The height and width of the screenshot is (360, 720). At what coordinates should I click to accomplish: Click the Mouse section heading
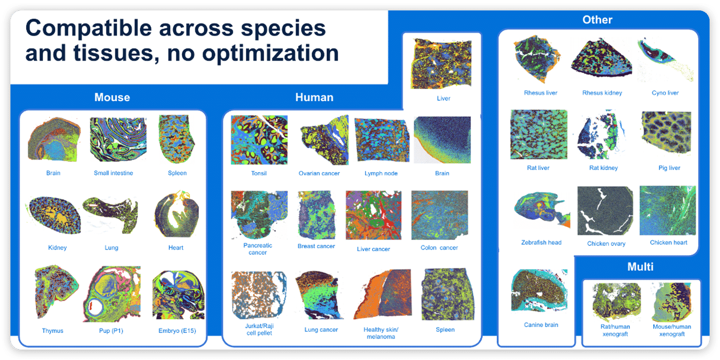(x=112, y=98)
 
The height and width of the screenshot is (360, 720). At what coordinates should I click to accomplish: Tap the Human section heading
(x=314, y=98)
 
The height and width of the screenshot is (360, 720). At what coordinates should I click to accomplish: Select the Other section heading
(x=597, y=20)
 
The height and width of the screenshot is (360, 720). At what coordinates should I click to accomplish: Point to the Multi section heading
(x=640, y=267)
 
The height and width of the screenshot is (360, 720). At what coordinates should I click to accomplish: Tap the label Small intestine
(x=113, y=173)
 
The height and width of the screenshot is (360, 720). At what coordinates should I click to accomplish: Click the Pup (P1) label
(x=111, y=330)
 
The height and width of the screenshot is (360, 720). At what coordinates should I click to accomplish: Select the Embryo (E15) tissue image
(x=177, y=295)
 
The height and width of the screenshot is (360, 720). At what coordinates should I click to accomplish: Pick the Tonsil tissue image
(x=259, y=140)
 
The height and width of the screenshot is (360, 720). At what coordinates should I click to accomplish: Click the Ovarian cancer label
(x=319, y=173)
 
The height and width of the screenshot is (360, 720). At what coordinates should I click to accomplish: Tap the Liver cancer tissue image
(x=373, y=216)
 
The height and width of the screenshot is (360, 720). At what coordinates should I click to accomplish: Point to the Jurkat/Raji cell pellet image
(x=259, y=295)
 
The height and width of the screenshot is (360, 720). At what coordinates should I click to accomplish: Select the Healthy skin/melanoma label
(x=381, y=333)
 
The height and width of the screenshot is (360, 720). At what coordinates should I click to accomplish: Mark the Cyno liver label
(x=665, y=93)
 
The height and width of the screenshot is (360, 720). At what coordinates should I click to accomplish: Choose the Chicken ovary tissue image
(x=605, y=211)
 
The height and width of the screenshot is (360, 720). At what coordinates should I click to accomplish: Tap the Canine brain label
(x=541, y=325)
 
